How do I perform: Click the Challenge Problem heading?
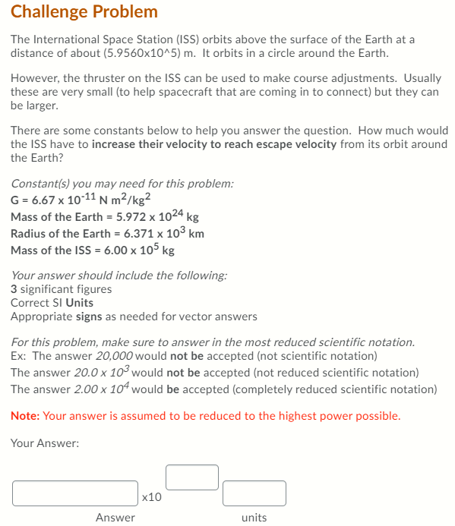(84, 11)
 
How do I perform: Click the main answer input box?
(75, 493)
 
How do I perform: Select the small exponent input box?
(191, 477)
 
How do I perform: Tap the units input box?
(254, 493)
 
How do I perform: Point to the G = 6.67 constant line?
(82, 200)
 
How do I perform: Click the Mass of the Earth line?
(104, 216)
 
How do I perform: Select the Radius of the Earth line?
(107, 233)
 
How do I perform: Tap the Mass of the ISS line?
(92, 250)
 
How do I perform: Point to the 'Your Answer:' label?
(45, 443)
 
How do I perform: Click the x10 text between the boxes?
(152, 497)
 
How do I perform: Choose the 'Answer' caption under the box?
(115, 518)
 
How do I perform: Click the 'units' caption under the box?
(254, 518)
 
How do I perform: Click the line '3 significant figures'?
(61, 289)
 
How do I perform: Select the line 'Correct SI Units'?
(52, 302)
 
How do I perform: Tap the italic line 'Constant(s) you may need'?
(122, 183)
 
